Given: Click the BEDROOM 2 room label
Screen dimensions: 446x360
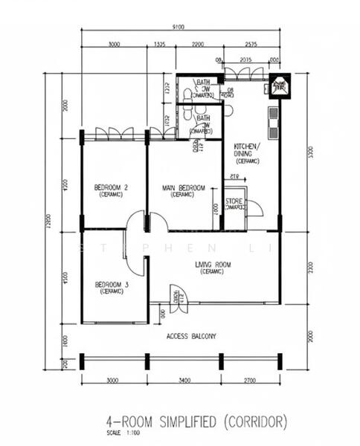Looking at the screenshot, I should point(109,188).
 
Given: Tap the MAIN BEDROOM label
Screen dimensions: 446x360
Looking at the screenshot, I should point(183,188).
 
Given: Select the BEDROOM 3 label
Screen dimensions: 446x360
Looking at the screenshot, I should point(109,285).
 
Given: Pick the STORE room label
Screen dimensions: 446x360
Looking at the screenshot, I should point(235,201).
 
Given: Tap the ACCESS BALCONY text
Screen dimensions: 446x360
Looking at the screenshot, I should point(191,336).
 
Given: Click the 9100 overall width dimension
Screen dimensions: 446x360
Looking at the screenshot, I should point(179,28).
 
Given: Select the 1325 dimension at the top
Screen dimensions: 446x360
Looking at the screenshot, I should point(159,45).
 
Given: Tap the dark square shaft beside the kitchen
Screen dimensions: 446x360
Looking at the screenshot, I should point(281,86).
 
